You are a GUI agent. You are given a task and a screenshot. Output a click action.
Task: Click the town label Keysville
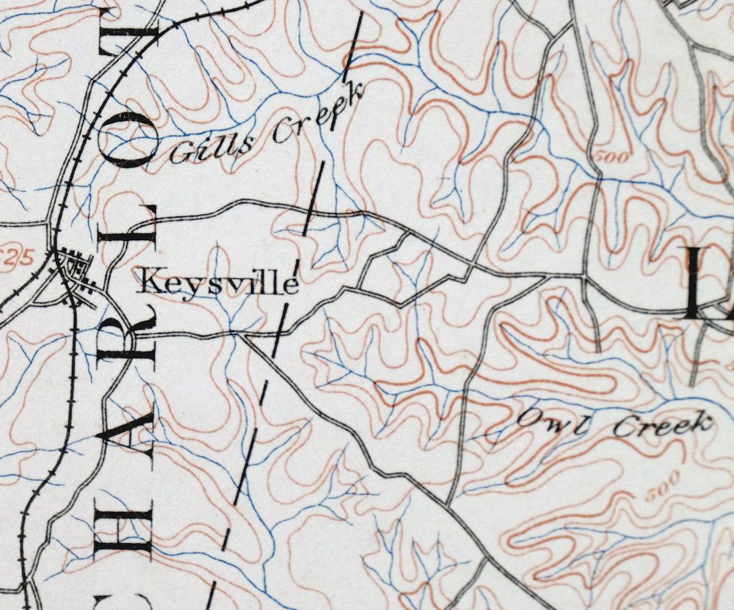[x=219, y=282]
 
